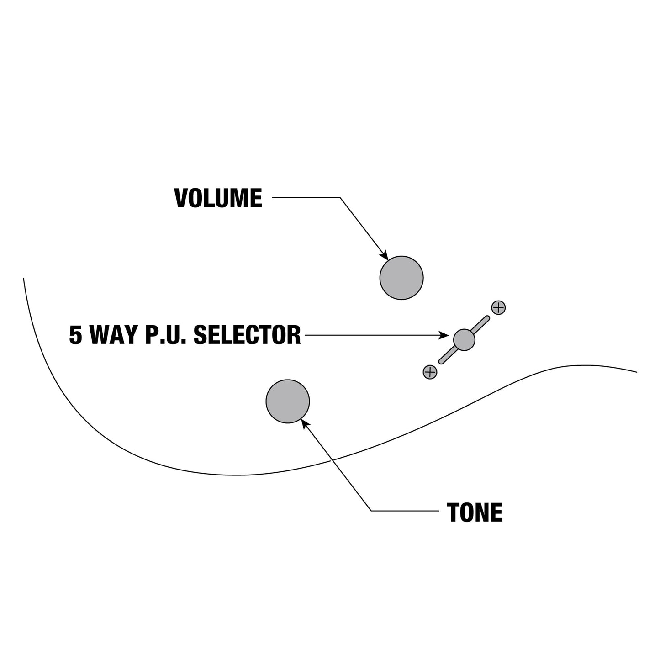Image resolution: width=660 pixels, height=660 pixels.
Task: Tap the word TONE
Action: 475,512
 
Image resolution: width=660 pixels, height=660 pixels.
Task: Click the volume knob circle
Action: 401,278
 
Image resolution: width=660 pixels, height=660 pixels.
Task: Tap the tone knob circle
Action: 288,401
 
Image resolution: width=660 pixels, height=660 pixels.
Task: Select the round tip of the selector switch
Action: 464,340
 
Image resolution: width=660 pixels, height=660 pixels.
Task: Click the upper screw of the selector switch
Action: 498,307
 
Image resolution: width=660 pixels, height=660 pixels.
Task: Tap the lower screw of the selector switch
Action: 430,372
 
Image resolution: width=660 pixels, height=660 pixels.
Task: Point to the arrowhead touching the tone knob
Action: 305,423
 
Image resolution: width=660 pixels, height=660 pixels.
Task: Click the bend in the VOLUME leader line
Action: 340,198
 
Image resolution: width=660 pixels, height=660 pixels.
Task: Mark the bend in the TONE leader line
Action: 371,511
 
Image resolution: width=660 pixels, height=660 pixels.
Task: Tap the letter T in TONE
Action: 453,512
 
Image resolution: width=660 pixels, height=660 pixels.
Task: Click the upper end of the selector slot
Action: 488,317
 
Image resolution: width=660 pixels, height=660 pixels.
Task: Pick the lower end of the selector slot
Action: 441,362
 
